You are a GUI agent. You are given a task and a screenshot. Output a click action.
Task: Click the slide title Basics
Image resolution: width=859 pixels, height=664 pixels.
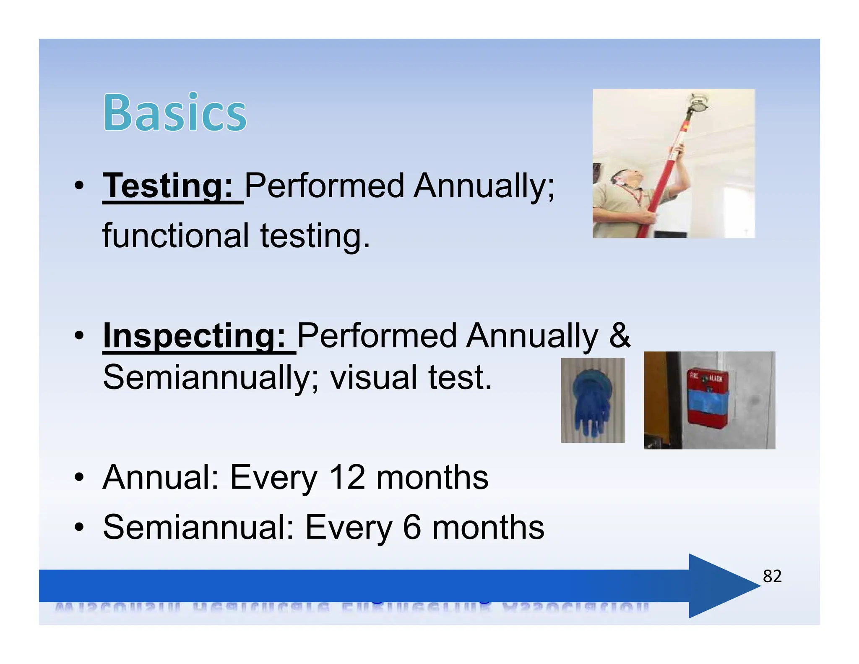tap(175, 112)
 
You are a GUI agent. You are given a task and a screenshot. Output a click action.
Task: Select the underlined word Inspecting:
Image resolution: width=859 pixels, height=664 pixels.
tap(194, 335)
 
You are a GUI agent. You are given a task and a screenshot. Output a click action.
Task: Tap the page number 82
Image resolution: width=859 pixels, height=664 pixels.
tap(772, 576)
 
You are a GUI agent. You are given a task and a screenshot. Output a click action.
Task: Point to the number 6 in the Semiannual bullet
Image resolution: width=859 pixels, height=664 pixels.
tap(412, 527)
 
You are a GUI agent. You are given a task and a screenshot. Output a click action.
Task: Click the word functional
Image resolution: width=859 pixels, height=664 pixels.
tap(176, 236)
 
